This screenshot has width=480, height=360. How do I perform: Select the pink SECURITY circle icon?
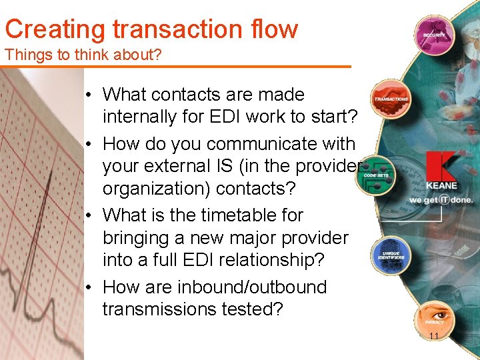[x=433, y=34]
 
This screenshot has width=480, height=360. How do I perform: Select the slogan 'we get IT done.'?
[x=441, y=199]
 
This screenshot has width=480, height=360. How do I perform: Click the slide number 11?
[x=434, y=336]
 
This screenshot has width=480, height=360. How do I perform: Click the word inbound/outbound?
[x=252, y=287]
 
